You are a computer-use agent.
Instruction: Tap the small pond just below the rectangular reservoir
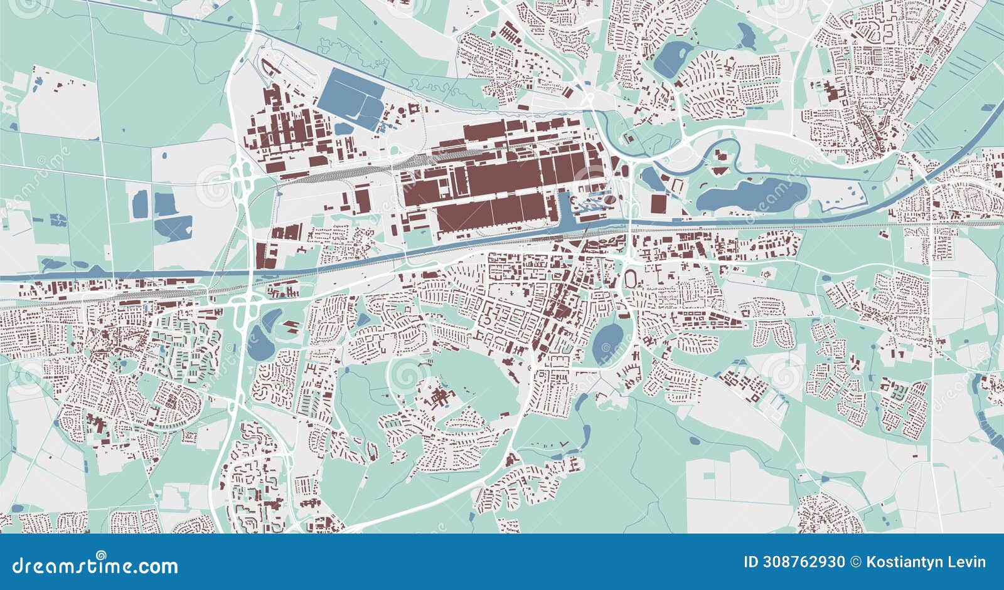343,129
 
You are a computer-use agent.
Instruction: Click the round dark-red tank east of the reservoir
414,109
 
